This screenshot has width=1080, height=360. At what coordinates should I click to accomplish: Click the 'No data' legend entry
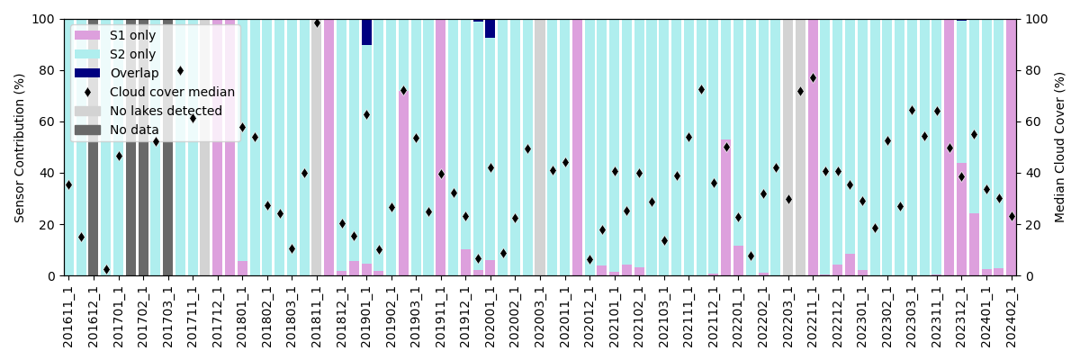tap(134, 130)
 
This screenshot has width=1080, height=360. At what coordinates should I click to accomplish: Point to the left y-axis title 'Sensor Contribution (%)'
tap(20, 148)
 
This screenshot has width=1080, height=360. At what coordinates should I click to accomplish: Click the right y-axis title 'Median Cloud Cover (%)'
tap(1060, 148)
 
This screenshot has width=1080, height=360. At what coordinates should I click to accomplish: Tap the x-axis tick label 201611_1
tap(68, 314)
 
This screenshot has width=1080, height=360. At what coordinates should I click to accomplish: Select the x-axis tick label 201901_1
tap(366, 314)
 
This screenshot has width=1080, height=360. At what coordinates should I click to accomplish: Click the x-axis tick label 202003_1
tap(540, 314)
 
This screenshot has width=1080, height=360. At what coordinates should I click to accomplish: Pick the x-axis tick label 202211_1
tap(813, 314)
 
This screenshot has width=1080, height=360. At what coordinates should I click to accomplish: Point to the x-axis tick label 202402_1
tap(1012, 314)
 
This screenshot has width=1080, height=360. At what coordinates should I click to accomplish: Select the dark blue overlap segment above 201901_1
tap(366, 32)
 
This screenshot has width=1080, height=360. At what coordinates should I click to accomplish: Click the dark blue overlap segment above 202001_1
tap(490, 29)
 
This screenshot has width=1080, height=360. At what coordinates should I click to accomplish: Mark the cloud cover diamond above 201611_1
tap(68, 185)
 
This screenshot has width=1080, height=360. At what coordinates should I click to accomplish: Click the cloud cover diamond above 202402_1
tap(1012, 216)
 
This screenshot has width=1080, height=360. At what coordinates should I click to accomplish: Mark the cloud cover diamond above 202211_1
tap(813, 78)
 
